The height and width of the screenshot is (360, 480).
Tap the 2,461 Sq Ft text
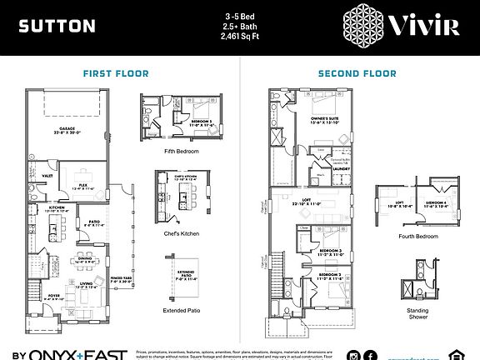point(239,37)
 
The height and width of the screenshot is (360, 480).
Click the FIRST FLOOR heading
point(116,73)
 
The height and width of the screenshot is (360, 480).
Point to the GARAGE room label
point(70,128)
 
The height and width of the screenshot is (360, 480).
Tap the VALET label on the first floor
point(47,177)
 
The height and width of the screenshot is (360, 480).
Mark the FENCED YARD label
point(122,278)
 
